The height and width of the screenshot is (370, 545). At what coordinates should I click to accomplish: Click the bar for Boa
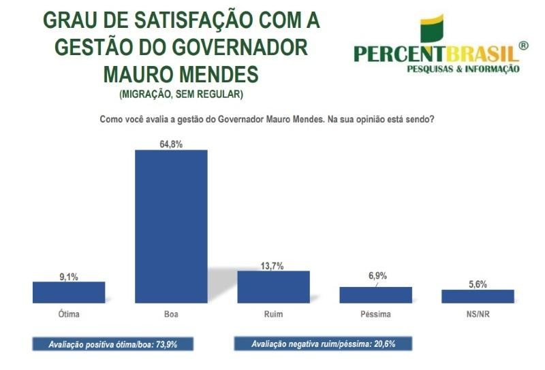[x=171, y=226]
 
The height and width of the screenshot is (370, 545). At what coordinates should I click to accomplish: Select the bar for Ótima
[x=69, y=292]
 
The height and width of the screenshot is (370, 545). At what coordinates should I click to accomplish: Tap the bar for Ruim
[x=273, y=286]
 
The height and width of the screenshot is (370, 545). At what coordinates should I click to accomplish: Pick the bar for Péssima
[x=375, y=295]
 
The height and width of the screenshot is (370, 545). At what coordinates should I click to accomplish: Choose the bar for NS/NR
[x=477, y=296]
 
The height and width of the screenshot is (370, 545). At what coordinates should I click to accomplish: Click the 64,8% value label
[x=171, y=142]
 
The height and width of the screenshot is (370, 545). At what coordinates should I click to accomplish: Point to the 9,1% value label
[x=69, y=275]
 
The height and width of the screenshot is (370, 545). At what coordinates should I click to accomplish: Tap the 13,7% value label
[x=273, y=264]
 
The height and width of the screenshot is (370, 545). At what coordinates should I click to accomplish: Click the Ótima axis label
[x=69, y=315]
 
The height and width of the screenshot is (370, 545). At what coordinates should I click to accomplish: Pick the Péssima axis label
[x=375, y=315]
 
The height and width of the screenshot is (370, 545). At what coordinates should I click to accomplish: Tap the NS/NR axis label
[x=477, y=315]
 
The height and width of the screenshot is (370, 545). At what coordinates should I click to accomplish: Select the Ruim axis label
[x=273, y=315]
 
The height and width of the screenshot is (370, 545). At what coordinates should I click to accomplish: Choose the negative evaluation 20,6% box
[x=323, y=344]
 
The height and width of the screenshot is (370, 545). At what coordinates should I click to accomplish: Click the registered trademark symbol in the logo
[x=523, y=46]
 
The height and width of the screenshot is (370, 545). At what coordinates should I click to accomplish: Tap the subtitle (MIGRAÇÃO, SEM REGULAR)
[x=181, y=93]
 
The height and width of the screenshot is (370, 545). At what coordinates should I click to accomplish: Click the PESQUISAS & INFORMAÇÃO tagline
[x=463, y=69]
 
